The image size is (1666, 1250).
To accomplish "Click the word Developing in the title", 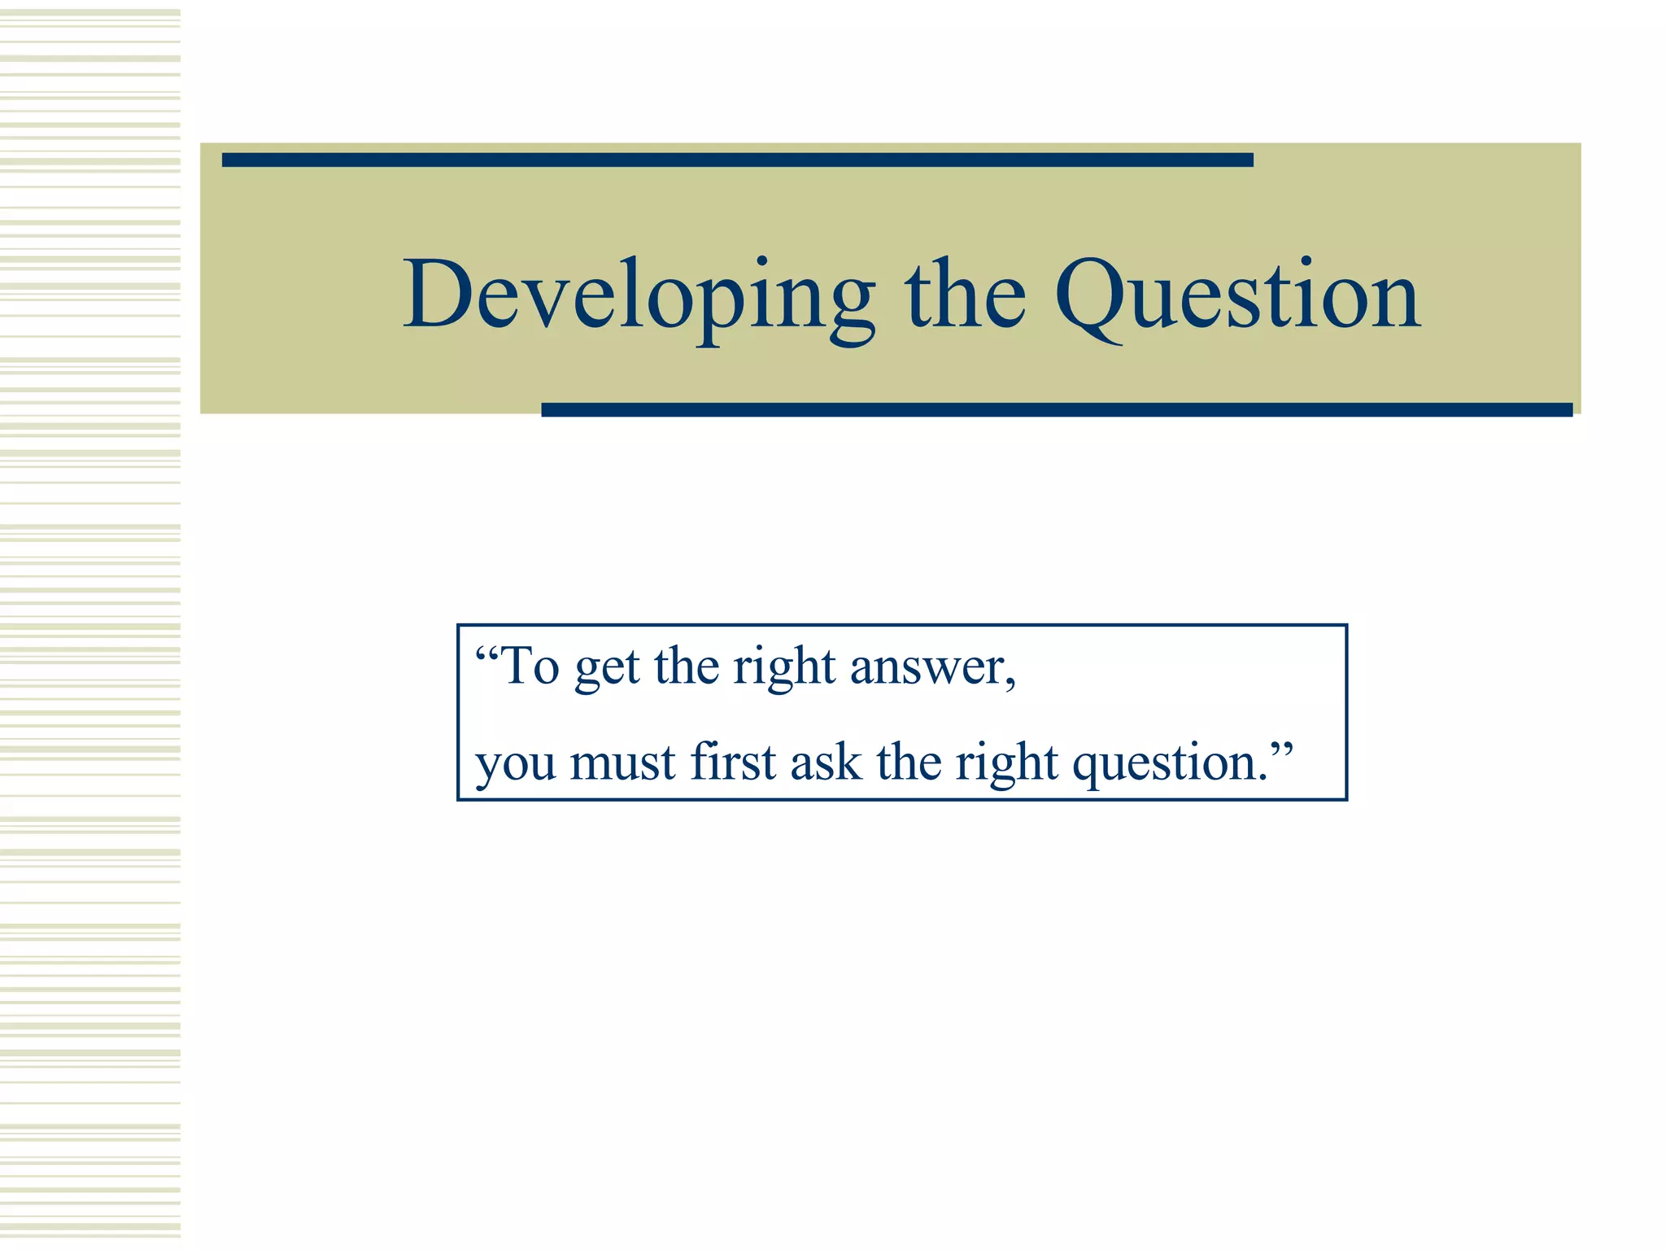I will (639, 297).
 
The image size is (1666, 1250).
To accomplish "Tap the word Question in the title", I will (1237, 297).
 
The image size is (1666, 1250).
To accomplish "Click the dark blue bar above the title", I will (737, 160).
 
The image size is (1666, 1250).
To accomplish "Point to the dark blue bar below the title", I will (1056, 409).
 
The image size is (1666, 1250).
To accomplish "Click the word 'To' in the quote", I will (531, 667).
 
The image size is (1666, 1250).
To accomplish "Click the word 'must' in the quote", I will (622, 763).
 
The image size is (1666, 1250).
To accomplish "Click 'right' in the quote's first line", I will (783, 669).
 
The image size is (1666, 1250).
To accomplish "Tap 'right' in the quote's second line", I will (1006, 765).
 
